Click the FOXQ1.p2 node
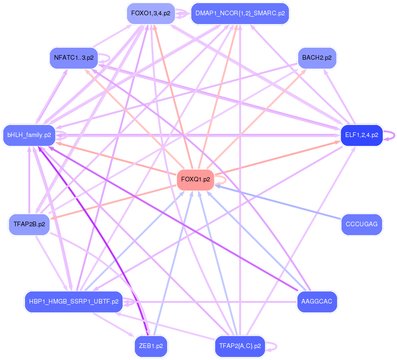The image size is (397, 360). click(x=195, y=180)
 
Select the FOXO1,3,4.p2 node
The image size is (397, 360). click(x=151, y=13)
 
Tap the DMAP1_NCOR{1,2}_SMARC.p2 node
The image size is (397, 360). click(x=240, y=13)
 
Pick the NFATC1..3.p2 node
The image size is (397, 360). click(x=74, y=58)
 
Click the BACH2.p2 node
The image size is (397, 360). click(x=317, y=58)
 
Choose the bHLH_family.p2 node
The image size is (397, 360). click(x=29, y=135)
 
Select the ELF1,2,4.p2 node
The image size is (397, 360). click(x=361, y=135)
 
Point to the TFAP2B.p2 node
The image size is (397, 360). click(x=29, y=224)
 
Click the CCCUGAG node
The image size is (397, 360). click(x=361, y=224)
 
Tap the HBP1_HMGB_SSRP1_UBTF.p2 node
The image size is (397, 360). click(x=74, y=302)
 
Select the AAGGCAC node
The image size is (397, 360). click(x=317, y=302)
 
